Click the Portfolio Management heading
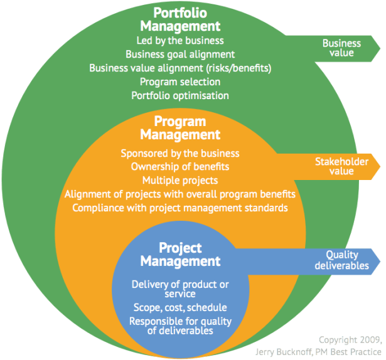(x=180, y=20)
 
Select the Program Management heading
(x=180, y=128)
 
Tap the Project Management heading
(x=180, y=254)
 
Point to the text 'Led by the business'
(x=180, y=41)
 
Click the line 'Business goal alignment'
(x=180, y=55)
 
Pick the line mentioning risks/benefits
(x=180, y=68)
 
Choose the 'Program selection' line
(x=180, y=82)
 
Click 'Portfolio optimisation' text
(x=180, y=95)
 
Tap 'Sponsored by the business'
(x=180, y=153)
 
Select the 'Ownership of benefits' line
(x=180, y=166)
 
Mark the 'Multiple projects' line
(x=180, y=180)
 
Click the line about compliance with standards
(x=180, y=207)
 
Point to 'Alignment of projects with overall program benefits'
(x=180, y=194)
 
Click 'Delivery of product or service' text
(x=180, y=289)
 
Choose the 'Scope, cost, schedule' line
(x=180, y=307)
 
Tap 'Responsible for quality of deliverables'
(x=180, y=326)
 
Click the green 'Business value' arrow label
(x=341, y=48)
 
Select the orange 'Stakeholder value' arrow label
(x=341, y=166)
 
